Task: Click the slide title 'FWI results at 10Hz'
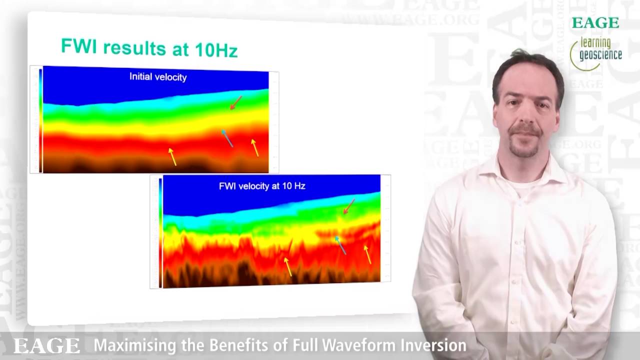(149, 47)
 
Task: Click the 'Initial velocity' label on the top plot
(158, 77)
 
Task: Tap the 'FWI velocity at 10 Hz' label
(262, 186)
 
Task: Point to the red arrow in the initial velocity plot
(236, 102)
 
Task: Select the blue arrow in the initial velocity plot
(227, 138)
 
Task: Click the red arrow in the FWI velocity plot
(349, 206)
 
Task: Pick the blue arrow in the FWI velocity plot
(340, 245)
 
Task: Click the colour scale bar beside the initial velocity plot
(40, 120)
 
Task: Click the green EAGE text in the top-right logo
(595, 23)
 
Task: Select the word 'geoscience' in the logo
(600, 54)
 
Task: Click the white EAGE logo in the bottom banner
(46, 346)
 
